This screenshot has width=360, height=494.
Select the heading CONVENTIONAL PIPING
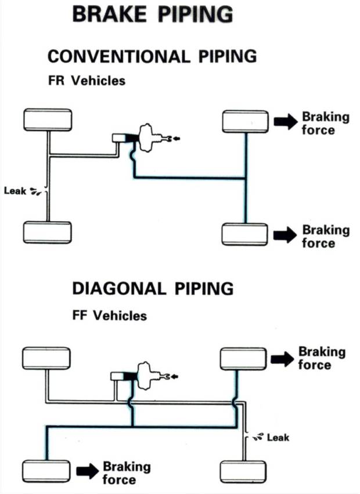click(152, 56)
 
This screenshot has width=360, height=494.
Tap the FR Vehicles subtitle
click(87, 81)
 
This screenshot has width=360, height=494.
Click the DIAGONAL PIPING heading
click(153, 289)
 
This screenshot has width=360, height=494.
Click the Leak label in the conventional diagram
click(15, 190)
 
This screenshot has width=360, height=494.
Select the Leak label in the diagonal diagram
click(278, 437)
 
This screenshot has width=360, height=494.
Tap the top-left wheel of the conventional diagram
click(48, 120)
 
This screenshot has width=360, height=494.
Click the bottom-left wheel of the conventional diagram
click(47, 232)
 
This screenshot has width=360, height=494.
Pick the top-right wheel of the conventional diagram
click(246, 122)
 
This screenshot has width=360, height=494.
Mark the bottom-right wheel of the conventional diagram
click(245, 234)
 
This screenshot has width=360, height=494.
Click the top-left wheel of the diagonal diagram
click(46, 358)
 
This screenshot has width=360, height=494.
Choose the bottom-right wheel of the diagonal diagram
click(244, 471)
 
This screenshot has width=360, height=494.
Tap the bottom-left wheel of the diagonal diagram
click(46, 470)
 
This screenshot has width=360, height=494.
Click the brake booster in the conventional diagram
click(150, 137)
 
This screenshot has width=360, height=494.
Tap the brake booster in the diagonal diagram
click(149, 374)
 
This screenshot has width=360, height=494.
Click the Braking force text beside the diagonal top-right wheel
click(322, 358)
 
